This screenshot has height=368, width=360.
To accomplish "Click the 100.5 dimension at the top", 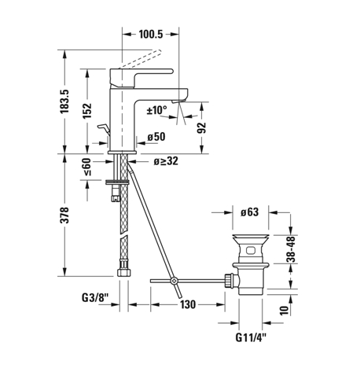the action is (x=151, y=34).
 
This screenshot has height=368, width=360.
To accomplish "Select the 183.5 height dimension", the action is (x=64, y=101).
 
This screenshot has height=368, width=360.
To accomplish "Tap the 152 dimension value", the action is (x=87, y=111).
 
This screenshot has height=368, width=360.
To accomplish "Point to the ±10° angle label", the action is (x=156, y=110).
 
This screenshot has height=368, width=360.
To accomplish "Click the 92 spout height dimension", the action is (x=202, y=128).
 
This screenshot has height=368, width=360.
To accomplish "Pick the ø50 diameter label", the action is (x=156, y=137).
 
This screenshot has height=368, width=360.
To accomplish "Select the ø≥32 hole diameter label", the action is (x=166, y=161).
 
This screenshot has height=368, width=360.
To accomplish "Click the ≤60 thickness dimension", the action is (x=87, y=167).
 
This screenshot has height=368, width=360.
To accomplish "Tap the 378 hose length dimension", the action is (x=64, y=215).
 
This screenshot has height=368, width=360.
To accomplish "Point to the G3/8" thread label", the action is (x=95, y=298).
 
